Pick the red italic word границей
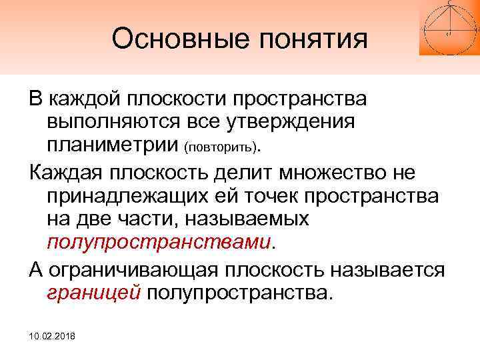93,293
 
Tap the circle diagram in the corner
449,27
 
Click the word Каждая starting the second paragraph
69,173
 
